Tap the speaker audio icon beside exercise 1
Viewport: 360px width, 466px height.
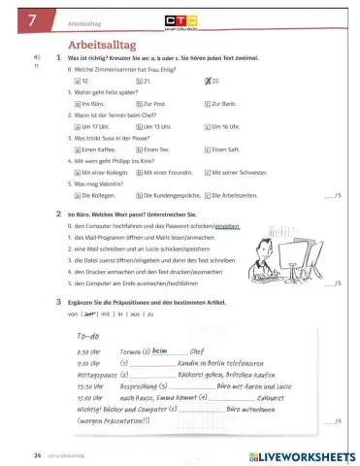[x=36, y=58]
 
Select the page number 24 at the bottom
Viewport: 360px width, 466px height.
[x=37, y=453]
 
